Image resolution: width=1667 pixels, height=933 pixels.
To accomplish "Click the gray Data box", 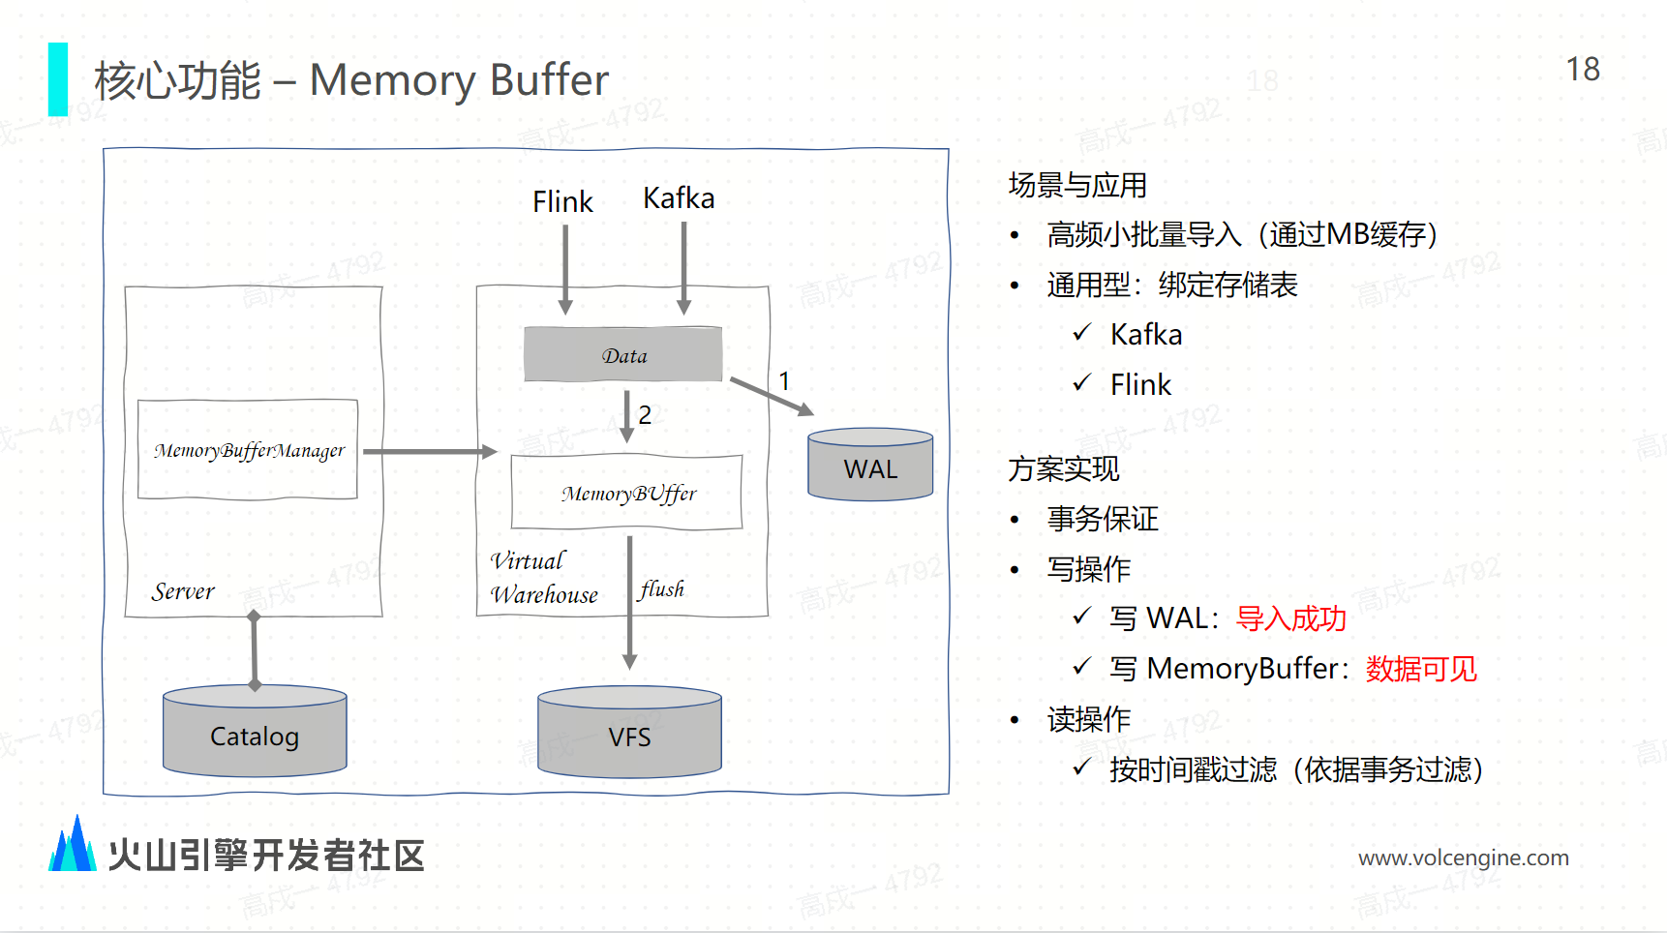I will [x=622, y=354].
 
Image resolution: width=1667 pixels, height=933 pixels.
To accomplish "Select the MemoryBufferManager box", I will [x=248, y=450].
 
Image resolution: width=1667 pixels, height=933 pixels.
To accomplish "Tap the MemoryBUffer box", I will [x=627, y=493].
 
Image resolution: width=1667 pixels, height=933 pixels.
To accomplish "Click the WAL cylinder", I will [x=870, y=466].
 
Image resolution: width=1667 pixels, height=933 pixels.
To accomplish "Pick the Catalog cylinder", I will [x=255, y=734].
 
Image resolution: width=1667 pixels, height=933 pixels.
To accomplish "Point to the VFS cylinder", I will [x=629, y=735].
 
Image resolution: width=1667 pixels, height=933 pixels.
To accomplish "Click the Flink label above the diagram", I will [x=562, y=201].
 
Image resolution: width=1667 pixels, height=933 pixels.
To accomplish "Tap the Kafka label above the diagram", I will [x=679, y=198].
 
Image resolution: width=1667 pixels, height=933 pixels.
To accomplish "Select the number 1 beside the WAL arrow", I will [x=784, y=381].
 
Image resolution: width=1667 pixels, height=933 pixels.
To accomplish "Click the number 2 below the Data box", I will [x=645, y=414].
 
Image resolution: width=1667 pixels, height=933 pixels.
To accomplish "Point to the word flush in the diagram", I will [x=662, y=589].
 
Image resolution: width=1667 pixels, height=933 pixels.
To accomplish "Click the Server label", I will [x=183, y=591].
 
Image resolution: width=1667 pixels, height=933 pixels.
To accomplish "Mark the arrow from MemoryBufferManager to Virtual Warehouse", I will [x=429, y=451].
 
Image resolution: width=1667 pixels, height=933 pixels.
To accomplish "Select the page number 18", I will [x=1583, y=70].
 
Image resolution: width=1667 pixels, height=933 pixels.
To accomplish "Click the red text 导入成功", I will [x=1291, y=618].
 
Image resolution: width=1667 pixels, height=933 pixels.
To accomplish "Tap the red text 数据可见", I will [x=1421, y=669].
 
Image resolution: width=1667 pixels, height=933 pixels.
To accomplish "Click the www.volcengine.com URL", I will [x=1463, y=858].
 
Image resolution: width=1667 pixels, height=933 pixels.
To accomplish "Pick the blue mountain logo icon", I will [x=73, y=845].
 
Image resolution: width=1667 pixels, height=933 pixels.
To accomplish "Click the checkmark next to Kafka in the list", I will [x=1082, y=334].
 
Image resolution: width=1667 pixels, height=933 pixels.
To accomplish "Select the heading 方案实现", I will [x=1064, y=468].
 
